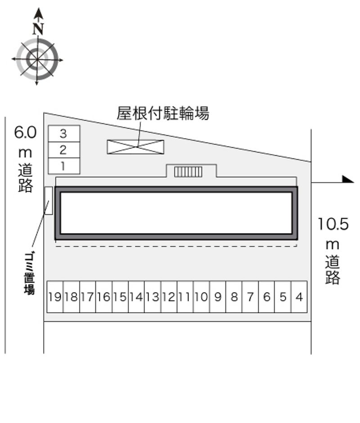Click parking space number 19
[55, 297]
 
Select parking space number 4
[299, 297]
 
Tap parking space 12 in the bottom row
[169, 297]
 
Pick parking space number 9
[218, 297]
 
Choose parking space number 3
[64, 134]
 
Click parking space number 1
[64, 166]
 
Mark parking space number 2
[64, 150]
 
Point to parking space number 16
[104, 297]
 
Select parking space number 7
[251, 297]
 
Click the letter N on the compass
[38, 29]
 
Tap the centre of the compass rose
[37, 59]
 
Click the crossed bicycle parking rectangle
[135, 147]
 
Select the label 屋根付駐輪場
[163, 113]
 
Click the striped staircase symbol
[188, 172]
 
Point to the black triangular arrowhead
[348, 180]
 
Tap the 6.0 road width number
[25, 132]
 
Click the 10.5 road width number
[333, 224]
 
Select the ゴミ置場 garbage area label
[29, 273]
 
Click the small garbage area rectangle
[49, 201]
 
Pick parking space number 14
[136, 297]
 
